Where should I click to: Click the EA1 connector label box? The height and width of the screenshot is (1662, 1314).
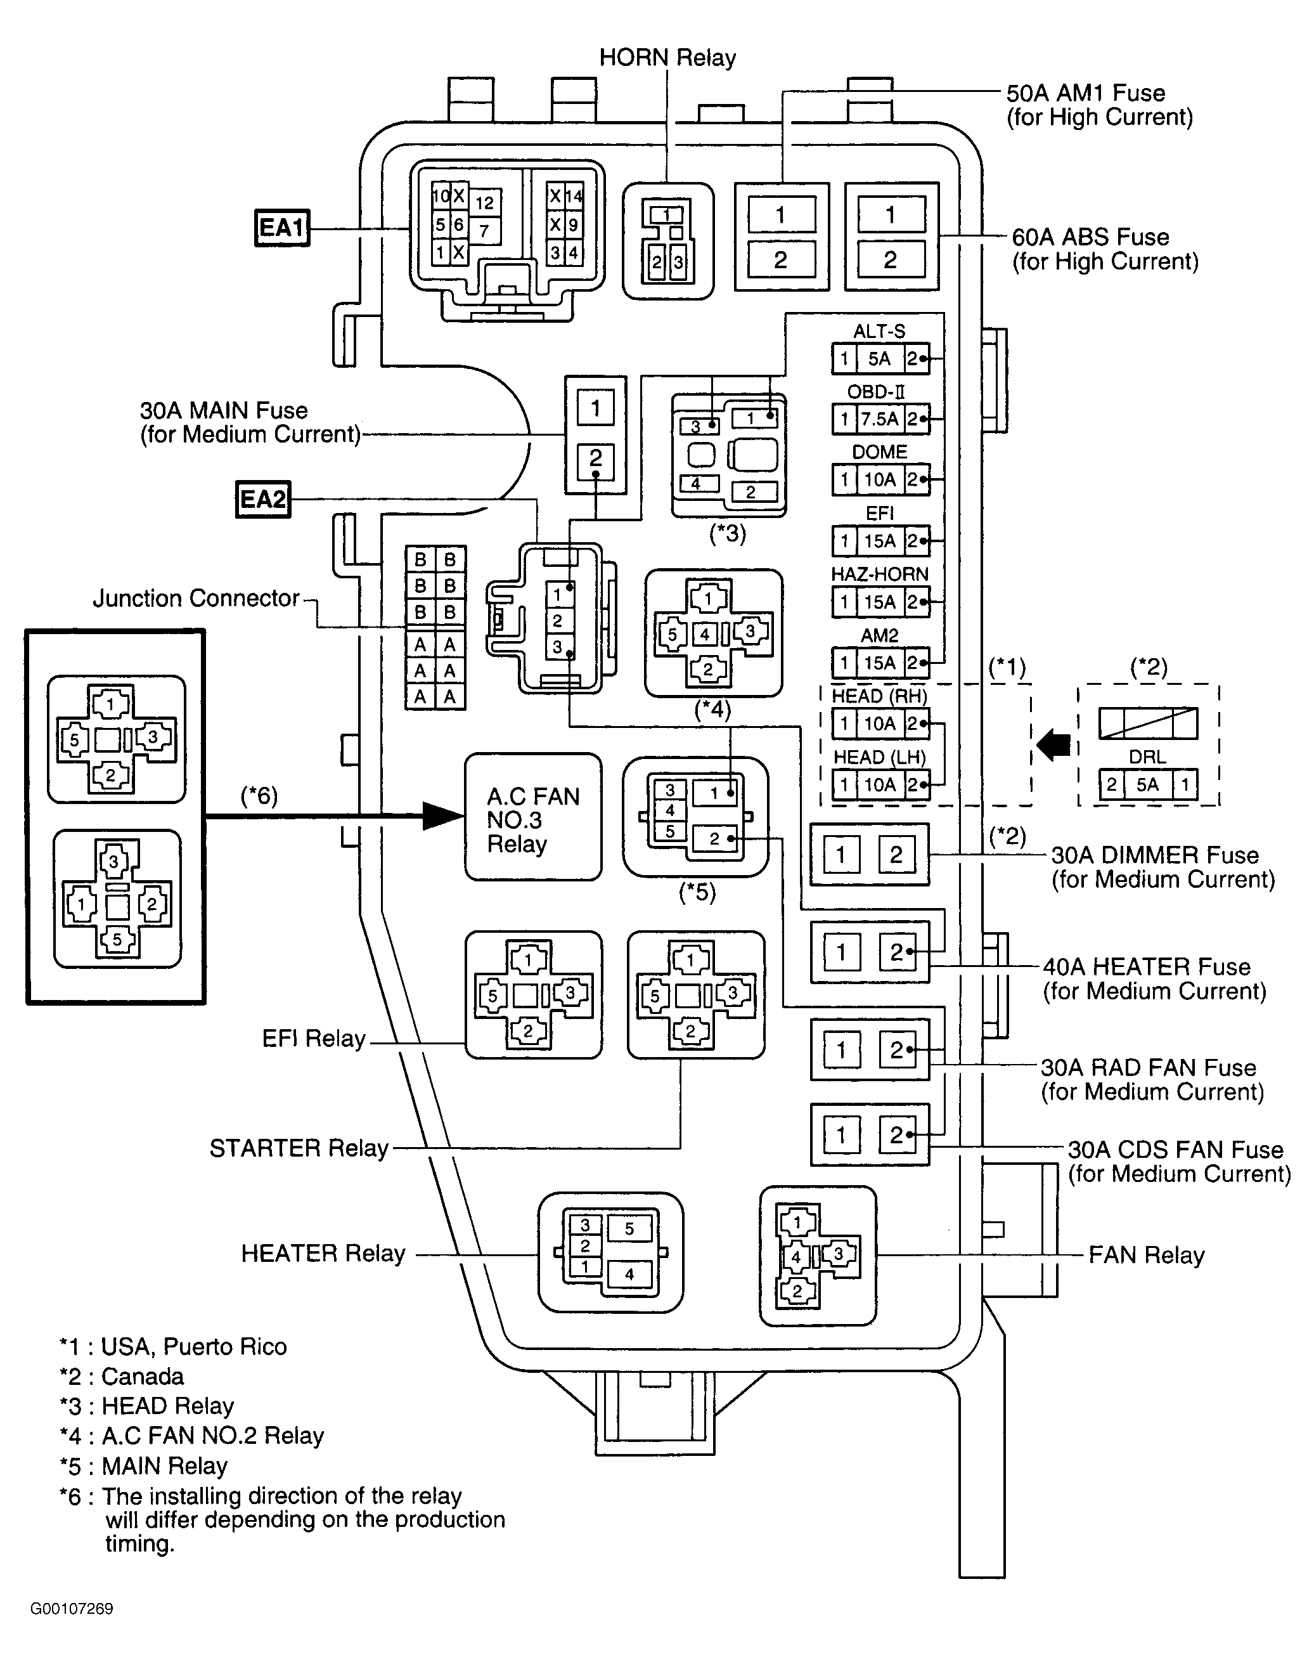point(281,228)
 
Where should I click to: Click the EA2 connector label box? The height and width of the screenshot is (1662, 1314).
point(263,500)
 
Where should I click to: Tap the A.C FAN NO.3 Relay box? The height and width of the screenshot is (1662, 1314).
point(533,816)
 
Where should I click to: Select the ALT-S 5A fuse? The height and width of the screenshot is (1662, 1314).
point(880,358)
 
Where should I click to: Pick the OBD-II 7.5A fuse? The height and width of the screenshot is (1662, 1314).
point(880,419)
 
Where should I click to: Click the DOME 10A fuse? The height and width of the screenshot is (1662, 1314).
point(880,480)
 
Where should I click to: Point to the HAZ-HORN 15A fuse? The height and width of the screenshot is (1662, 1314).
point(880,602)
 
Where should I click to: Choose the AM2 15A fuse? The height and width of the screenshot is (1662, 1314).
point(880,663)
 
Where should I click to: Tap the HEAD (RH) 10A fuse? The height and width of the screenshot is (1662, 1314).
point(880,724)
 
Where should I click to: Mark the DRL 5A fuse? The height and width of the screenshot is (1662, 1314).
point(1148,785)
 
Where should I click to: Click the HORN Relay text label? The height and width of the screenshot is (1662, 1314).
point(667,58)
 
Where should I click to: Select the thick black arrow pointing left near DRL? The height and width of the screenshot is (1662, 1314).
point(1053,745)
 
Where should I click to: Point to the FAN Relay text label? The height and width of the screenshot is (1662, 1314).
point(1146,1255)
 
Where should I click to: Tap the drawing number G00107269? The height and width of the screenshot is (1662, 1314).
point(72,1609)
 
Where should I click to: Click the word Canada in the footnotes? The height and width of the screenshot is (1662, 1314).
point(143,1377)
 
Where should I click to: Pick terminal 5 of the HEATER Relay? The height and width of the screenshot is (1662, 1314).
point(629,1229)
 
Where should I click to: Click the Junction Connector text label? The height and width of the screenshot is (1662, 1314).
point(196,598)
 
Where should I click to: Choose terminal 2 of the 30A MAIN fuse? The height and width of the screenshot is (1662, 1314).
point(595,459)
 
